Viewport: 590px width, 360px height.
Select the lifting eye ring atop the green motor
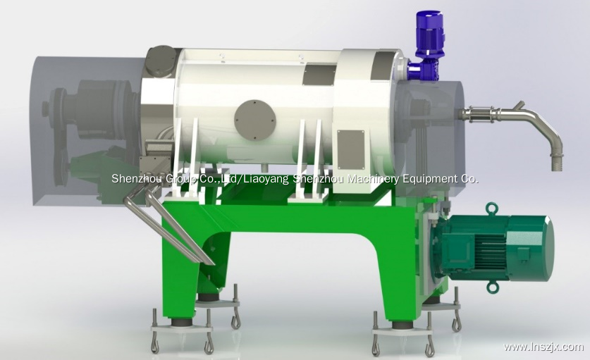(x=491, y=209)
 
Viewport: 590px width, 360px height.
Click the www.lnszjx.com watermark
(x=543, y=347)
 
